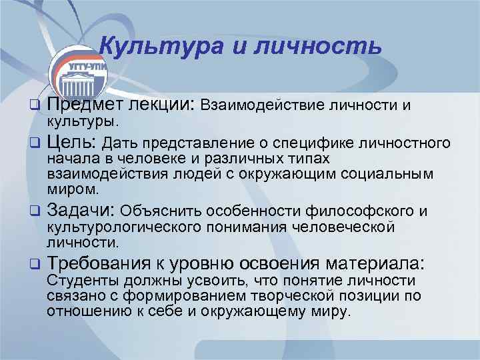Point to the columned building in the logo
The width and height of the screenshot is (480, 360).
pyautogui.click(x=79, y=86)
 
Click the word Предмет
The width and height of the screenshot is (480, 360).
pyautogui.click(x=83, y=105)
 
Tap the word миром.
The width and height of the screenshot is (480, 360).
pyautogui.click(x=69, y=189)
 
